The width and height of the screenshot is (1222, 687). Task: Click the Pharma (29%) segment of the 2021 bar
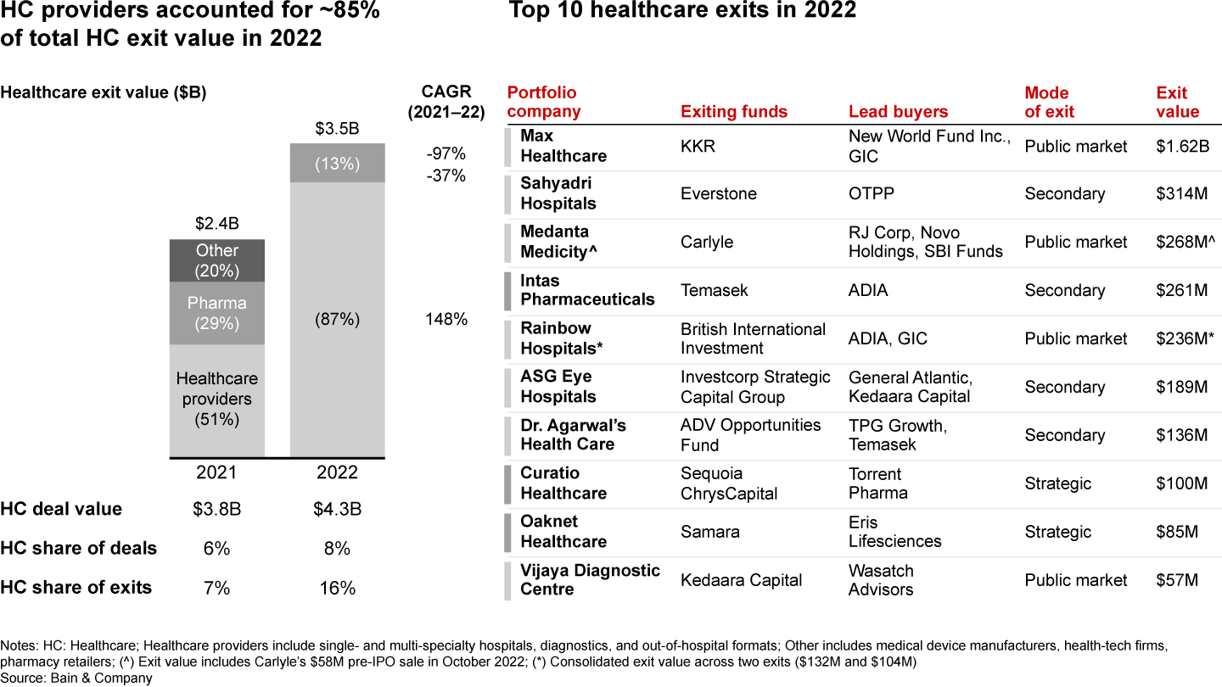coord(217,313)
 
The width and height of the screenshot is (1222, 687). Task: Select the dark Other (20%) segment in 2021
coord(217,260)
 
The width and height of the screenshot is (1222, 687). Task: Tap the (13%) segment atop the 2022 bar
coord(337,164)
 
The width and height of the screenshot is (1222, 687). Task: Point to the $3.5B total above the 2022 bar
coord(337,129)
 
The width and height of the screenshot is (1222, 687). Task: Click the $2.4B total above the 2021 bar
coord(217,225)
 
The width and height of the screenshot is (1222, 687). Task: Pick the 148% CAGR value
coord(446,320)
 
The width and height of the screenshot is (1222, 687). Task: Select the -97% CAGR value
coord(446,154)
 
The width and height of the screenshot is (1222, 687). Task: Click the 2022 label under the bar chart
coord(337,472)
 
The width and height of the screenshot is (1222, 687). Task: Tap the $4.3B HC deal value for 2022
coord(337,510)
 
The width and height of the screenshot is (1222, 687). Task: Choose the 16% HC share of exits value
coord(337,588)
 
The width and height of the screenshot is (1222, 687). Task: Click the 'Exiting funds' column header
coord(734,112)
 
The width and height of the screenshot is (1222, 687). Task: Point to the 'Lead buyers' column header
coord(898,112)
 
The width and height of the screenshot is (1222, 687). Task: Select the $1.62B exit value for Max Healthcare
coord(1182,146)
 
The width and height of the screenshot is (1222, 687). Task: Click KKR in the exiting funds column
coord(698,146)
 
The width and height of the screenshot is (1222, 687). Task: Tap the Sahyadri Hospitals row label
coord(558,193)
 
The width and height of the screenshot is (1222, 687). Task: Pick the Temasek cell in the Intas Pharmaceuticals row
coord(715,290)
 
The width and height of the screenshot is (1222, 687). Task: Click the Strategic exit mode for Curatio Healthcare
coord(1057,483)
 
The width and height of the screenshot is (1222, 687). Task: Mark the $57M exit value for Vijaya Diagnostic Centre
coord(1177,580)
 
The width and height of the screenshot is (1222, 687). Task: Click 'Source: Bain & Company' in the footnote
coord(76,678)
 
